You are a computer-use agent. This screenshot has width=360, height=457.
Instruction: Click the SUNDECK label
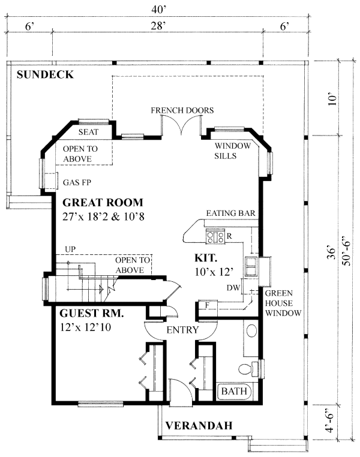point(45,75)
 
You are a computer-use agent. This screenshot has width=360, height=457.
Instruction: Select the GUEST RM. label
point(91,313)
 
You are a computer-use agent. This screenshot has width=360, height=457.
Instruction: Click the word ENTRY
point(183,330)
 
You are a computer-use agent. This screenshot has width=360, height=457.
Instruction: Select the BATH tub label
point(235,392)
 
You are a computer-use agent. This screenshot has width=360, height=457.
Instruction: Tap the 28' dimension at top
point(158,26)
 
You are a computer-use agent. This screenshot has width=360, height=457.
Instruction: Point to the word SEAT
point(88,131)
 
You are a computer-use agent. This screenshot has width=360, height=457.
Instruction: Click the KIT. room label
point(205,258)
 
